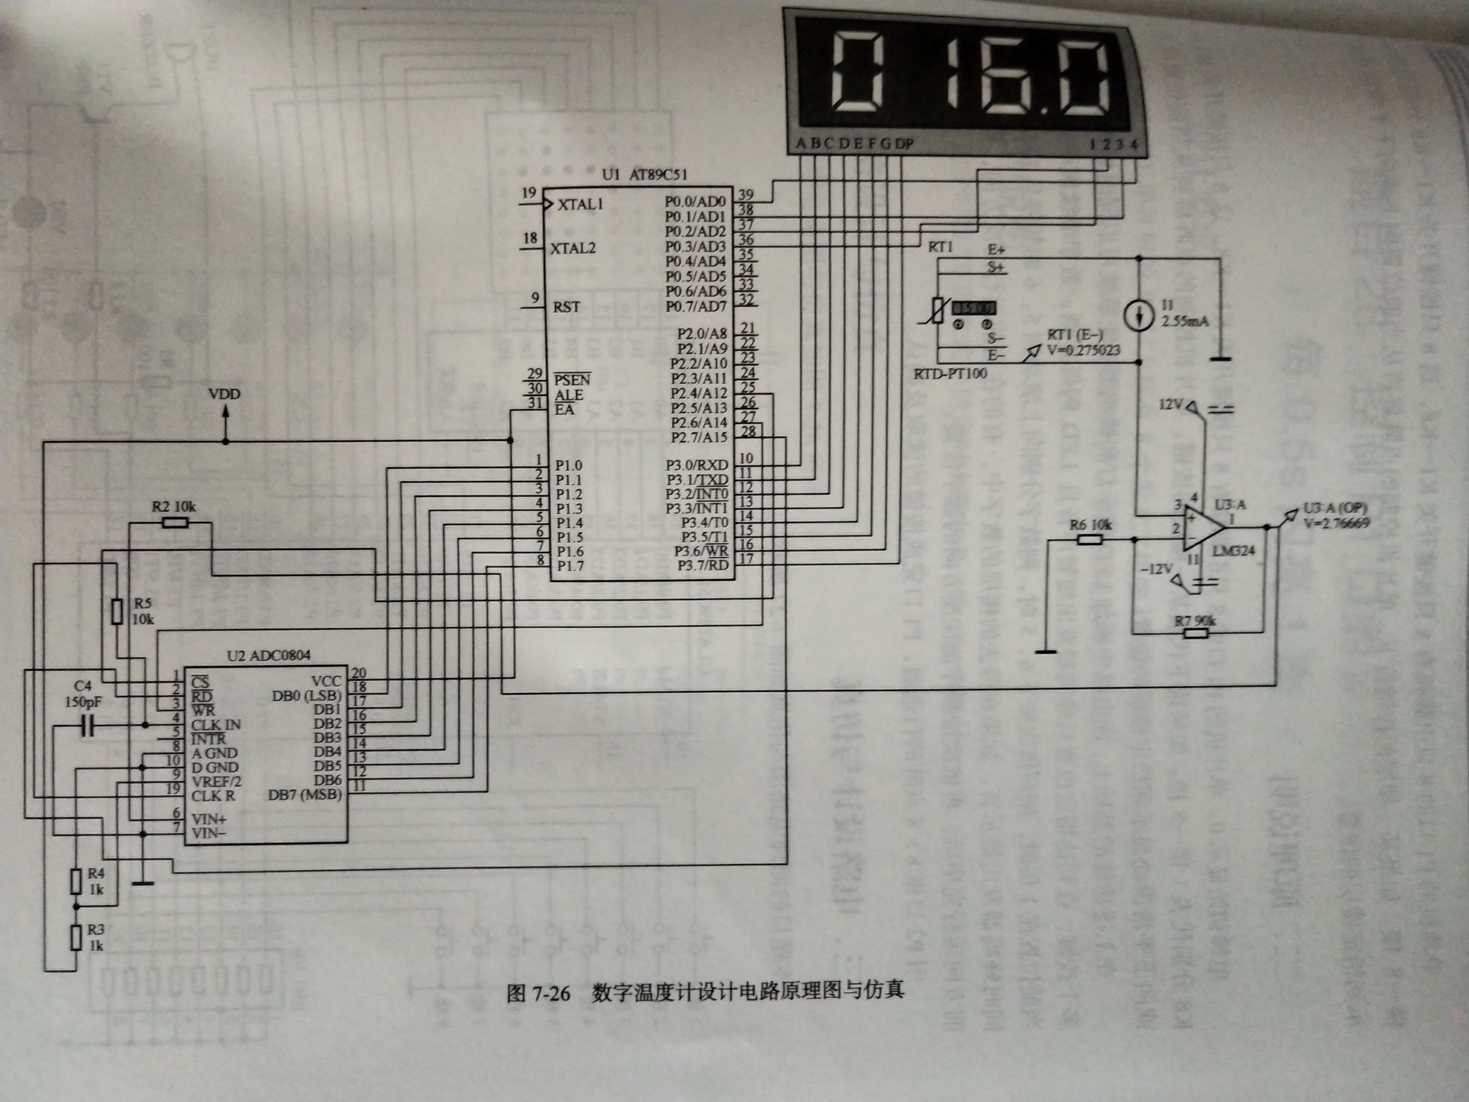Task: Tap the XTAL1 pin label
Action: click(x=580, y=204)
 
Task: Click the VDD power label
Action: click(x=224, y=394)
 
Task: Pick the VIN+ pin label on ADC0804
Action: click(x=208, y=818)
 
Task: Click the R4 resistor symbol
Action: click(x=77, y=882)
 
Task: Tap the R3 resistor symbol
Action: click(x=77, y=938)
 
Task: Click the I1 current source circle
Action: click(x=1138, y=316)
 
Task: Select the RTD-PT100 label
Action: click(x=950, y=374)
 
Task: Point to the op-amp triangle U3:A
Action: click(x=1202, y=528)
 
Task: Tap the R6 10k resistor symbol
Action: click(x=1090, y=539)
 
